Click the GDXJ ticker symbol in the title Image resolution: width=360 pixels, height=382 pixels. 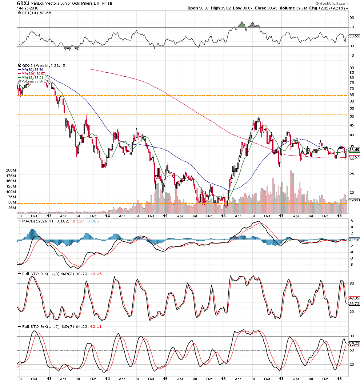coord(23,3)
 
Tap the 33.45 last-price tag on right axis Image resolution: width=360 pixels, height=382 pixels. coord(353,149)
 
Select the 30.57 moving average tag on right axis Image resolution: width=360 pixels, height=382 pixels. coord(353,157)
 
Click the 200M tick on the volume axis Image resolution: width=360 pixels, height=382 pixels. coord(12,170)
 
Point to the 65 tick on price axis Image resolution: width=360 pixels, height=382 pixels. coord(352,95)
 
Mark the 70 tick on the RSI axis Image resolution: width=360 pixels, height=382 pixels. coord(352,27)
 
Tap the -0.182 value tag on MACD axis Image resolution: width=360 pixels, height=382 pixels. coord(354,240)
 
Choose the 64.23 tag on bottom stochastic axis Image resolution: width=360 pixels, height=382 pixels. coord(353,343)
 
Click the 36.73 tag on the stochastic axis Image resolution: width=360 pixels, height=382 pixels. coord(353,303)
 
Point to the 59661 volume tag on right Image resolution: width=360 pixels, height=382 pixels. coord(354,200)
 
